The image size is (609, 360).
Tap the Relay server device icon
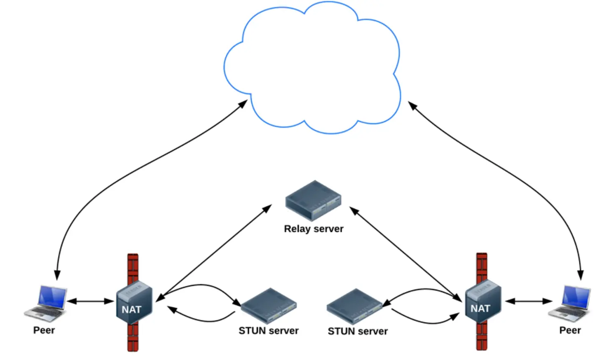click(313, 201)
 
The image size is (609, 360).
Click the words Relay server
click(314, 229)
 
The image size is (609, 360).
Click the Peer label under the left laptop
click(44, 330)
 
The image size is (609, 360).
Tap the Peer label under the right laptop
click(570, 330)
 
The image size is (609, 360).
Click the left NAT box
click(134, 303)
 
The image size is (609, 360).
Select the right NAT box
click(483, 302)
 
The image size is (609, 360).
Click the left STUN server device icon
click(269, 306)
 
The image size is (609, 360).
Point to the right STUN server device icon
click(355, 306)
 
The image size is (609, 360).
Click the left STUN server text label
click(269, 331)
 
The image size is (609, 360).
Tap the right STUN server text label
click(358, 332)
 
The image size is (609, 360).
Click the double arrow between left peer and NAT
click(90, 301)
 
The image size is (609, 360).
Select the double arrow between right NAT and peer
click(529, 301)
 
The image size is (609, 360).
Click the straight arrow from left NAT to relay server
click(214, 253)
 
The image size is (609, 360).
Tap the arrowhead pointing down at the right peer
click(581, 275)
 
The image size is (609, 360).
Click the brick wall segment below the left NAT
click(133, 338)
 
